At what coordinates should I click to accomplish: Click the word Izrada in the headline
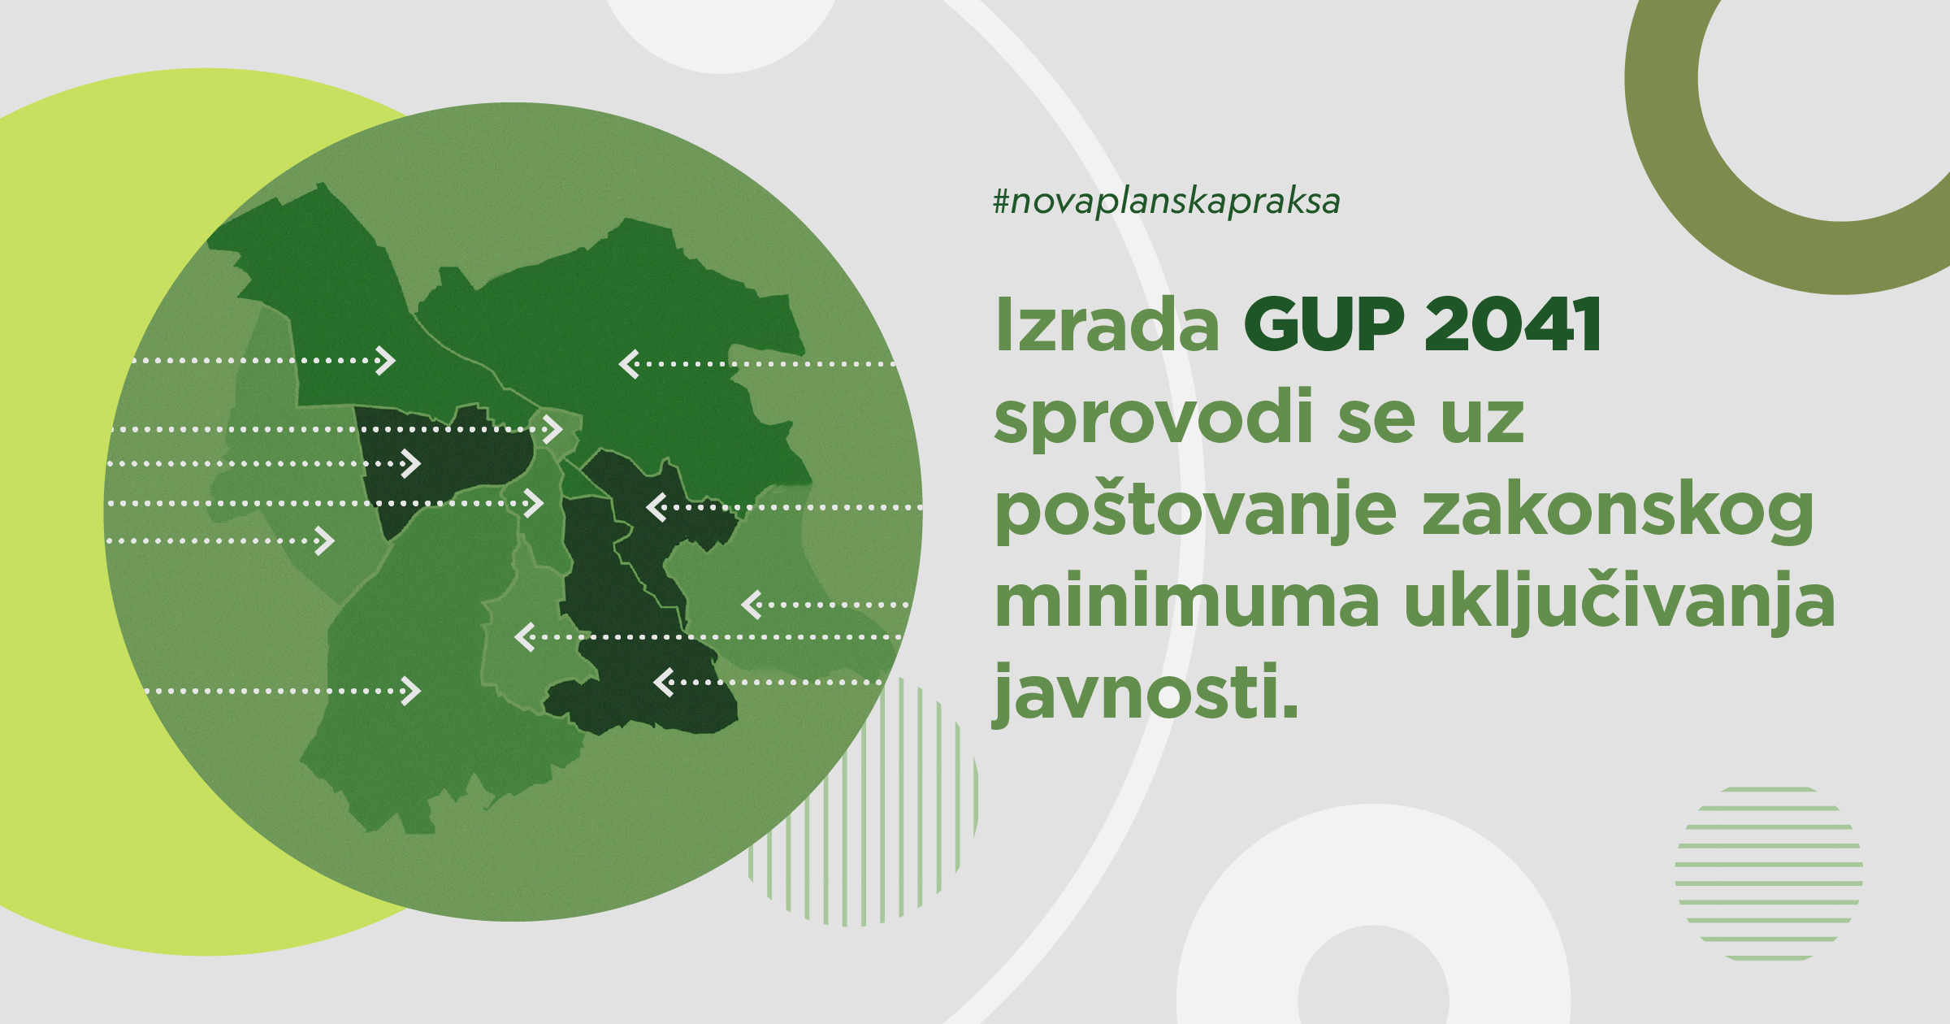tap(1107, 324)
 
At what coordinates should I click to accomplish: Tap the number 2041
tap(1513, 324)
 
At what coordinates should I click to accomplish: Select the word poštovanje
tap(1196, 510)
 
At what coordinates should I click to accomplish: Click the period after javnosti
tap(1289, 712)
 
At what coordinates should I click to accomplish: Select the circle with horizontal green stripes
tap(1769, 874)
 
